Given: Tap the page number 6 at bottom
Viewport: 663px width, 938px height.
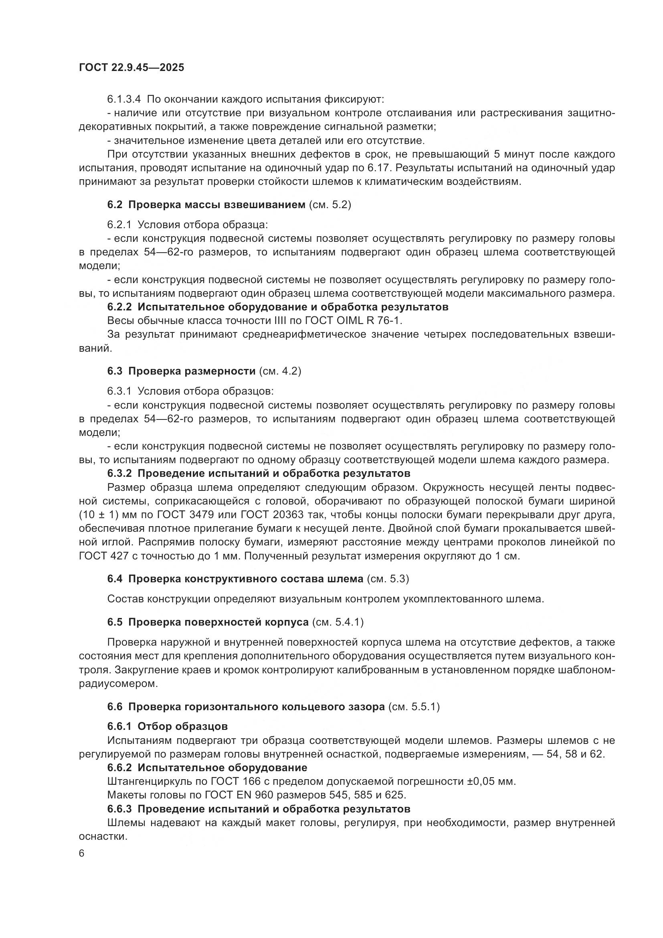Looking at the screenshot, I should tap(82, 853).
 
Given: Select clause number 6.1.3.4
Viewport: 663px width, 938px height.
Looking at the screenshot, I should tap(124, 99).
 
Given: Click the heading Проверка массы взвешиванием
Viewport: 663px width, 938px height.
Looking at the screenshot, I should tap(216, 205).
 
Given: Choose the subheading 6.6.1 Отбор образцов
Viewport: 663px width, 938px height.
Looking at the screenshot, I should tap(168, 726).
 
